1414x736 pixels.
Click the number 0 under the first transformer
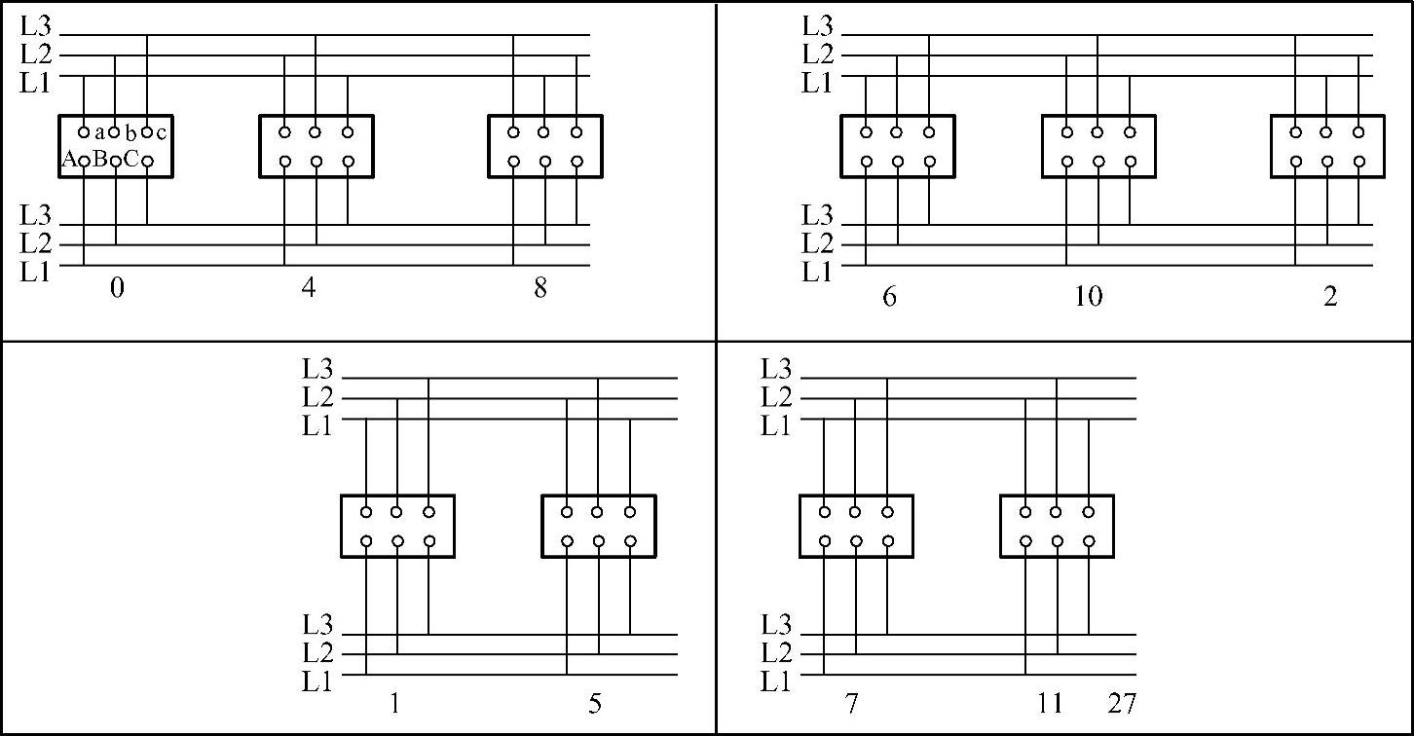(x=118, y=288)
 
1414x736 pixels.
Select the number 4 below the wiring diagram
(x=308, y=287)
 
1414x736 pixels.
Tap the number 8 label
(x=540, y=288)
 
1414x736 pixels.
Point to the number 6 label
(x=889, y=296)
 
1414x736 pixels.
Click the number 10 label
(x=1089, y=296)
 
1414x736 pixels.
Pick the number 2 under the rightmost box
(x=1330, y=296)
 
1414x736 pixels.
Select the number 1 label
(x=395, y=703)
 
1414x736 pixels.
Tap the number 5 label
(x=595, y=703)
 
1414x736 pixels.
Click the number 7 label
(x=851, y=703)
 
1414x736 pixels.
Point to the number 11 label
(x=1051, y=703)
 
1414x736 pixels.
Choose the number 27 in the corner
(x=1122, y=703)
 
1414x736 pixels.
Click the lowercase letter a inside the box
(x=99, y=133)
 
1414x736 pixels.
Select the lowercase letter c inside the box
(x=161, y=133)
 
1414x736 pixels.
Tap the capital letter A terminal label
(x=69, y=159)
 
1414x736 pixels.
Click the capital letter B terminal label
(x=100, y=159)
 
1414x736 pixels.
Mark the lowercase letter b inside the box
(x=130, y=133)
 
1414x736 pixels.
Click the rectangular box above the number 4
(x=316, y=116)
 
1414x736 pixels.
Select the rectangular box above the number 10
(x=1098, y=116)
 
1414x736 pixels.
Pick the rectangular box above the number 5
(x=599, y=497)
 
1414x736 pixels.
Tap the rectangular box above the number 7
(x=856, y=497)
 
